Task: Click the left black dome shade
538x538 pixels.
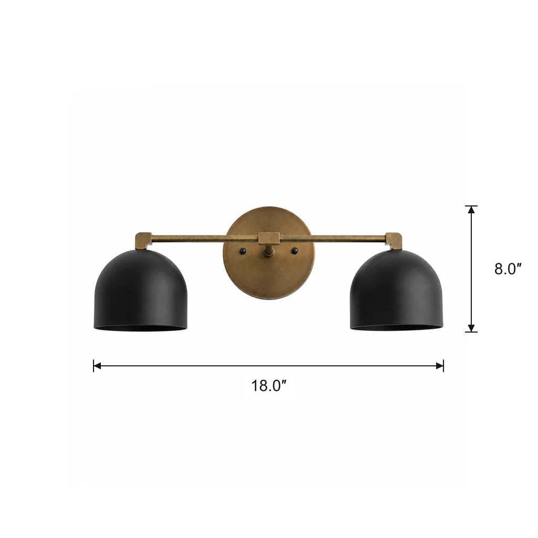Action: point(141,290)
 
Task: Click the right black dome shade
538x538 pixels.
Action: point(396,290)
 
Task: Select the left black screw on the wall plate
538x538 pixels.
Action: point(243,251)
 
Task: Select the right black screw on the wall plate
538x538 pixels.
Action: point(294,251)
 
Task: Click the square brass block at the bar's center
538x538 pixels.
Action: point(268,238)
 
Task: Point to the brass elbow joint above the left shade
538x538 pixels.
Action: point(143,241)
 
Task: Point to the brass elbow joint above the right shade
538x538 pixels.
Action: point(394,241)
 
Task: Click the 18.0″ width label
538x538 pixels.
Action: point(268,386)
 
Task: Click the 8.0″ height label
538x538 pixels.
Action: point(508,269)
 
